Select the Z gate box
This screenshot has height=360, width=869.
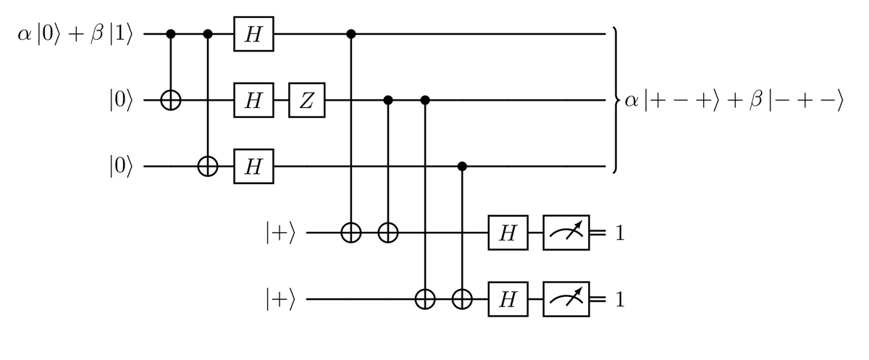point(307,101)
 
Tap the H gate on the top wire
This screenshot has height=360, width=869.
point(253,34)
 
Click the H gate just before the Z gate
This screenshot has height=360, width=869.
point(253,101)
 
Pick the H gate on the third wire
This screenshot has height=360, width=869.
point(253,167)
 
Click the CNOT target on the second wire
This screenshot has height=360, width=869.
point(171,101)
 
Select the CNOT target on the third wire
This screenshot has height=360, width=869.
point(209,167)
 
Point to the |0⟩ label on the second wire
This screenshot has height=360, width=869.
point(117,101)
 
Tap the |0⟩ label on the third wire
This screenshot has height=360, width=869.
point(117,167)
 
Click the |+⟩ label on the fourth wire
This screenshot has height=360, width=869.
point(280,233)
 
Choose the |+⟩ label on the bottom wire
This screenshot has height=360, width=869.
point(280,299)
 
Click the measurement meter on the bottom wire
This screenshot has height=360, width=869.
point(568,299)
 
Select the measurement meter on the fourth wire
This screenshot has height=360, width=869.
point(568,233)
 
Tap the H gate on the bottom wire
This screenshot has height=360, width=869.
point(508,299)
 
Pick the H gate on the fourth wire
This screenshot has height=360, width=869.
point(508,233)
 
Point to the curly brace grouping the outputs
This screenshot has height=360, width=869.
point(615,101)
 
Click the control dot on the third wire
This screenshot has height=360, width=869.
point(463,167)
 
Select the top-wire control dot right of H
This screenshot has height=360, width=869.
point(352,34)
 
